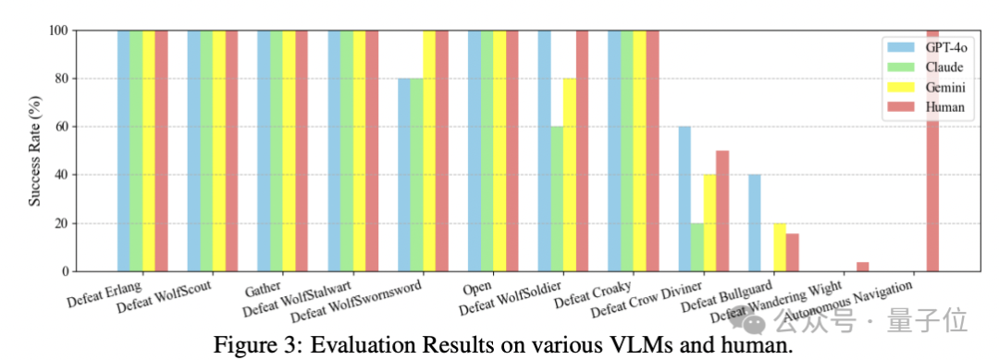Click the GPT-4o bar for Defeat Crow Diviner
tap(684, 199)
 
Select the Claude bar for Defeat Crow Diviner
tap(697, 247)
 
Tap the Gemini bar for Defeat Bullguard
tap(780, 247)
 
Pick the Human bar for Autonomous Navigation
tap(932, 151)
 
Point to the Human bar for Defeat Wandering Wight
tap(863, 267)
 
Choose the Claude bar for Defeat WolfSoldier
tap(557, 199)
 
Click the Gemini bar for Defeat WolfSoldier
tap(570, 175)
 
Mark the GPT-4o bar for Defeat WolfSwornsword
tap(404, 175)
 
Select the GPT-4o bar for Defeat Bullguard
tap(755, 223)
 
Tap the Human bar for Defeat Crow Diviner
tap(722, 211)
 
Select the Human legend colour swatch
tap(896, 107)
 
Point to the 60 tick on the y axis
tap(74, 127)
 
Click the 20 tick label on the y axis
tap(62, 224)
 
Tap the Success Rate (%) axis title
tap(35, 151)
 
